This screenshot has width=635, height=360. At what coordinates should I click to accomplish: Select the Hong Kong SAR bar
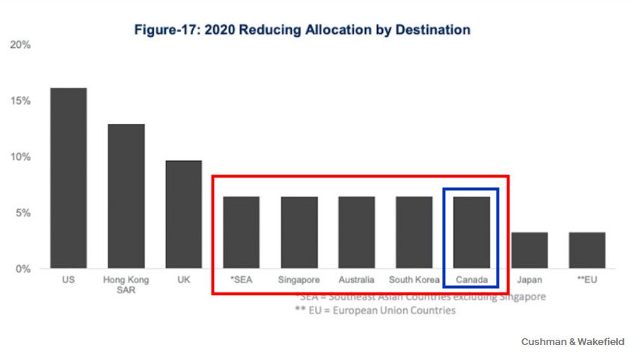coord(126,196)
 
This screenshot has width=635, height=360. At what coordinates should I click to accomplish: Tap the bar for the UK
coord(183,214)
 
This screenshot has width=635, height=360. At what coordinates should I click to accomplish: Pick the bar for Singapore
coord(299,232)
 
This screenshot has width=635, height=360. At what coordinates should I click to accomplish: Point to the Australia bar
coord(356,232)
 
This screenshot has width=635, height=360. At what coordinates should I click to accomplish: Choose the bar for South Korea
coord(414,232)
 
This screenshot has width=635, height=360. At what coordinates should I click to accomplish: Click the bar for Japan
coord(530,250)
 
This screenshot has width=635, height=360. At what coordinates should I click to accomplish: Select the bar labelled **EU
coord(587,250)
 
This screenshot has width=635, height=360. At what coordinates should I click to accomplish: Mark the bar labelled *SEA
coord(242,232)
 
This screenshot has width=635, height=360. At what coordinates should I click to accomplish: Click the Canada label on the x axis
coord(471,280)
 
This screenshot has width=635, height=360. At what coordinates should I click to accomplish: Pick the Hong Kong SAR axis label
coord(126,284)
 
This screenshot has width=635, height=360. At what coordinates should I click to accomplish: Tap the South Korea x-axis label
coord(414,280)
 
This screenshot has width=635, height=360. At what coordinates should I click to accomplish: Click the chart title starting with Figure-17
coord(302,30)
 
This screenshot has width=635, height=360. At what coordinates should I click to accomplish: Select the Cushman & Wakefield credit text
coord(572,341)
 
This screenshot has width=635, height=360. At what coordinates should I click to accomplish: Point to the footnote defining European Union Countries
coord(375,311)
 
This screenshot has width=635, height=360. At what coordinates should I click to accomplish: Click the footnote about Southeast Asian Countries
coord(420,296)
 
